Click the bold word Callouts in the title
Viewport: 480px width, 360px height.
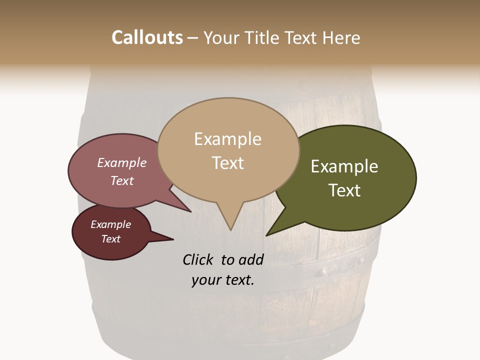point(147,37)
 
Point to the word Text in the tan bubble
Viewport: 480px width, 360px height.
point(227,162)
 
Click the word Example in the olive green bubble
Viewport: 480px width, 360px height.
point(344,166)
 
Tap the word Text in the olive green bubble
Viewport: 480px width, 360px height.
point(344,190)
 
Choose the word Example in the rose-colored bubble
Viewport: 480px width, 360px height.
point(121,162)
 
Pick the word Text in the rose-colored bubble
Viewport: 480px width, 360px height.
point(121,180)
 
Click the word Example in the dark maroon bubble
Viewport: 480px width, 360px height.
point(110,224)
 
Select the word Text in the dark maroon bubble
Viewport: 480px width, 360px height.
point(110,239)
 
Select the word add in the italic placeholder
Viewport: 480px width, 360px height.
point(251,259)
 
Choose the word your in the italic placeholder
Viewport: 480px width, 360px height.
point(205,280)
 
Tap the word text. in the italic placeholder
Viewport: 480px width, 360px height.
point(238,280)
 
